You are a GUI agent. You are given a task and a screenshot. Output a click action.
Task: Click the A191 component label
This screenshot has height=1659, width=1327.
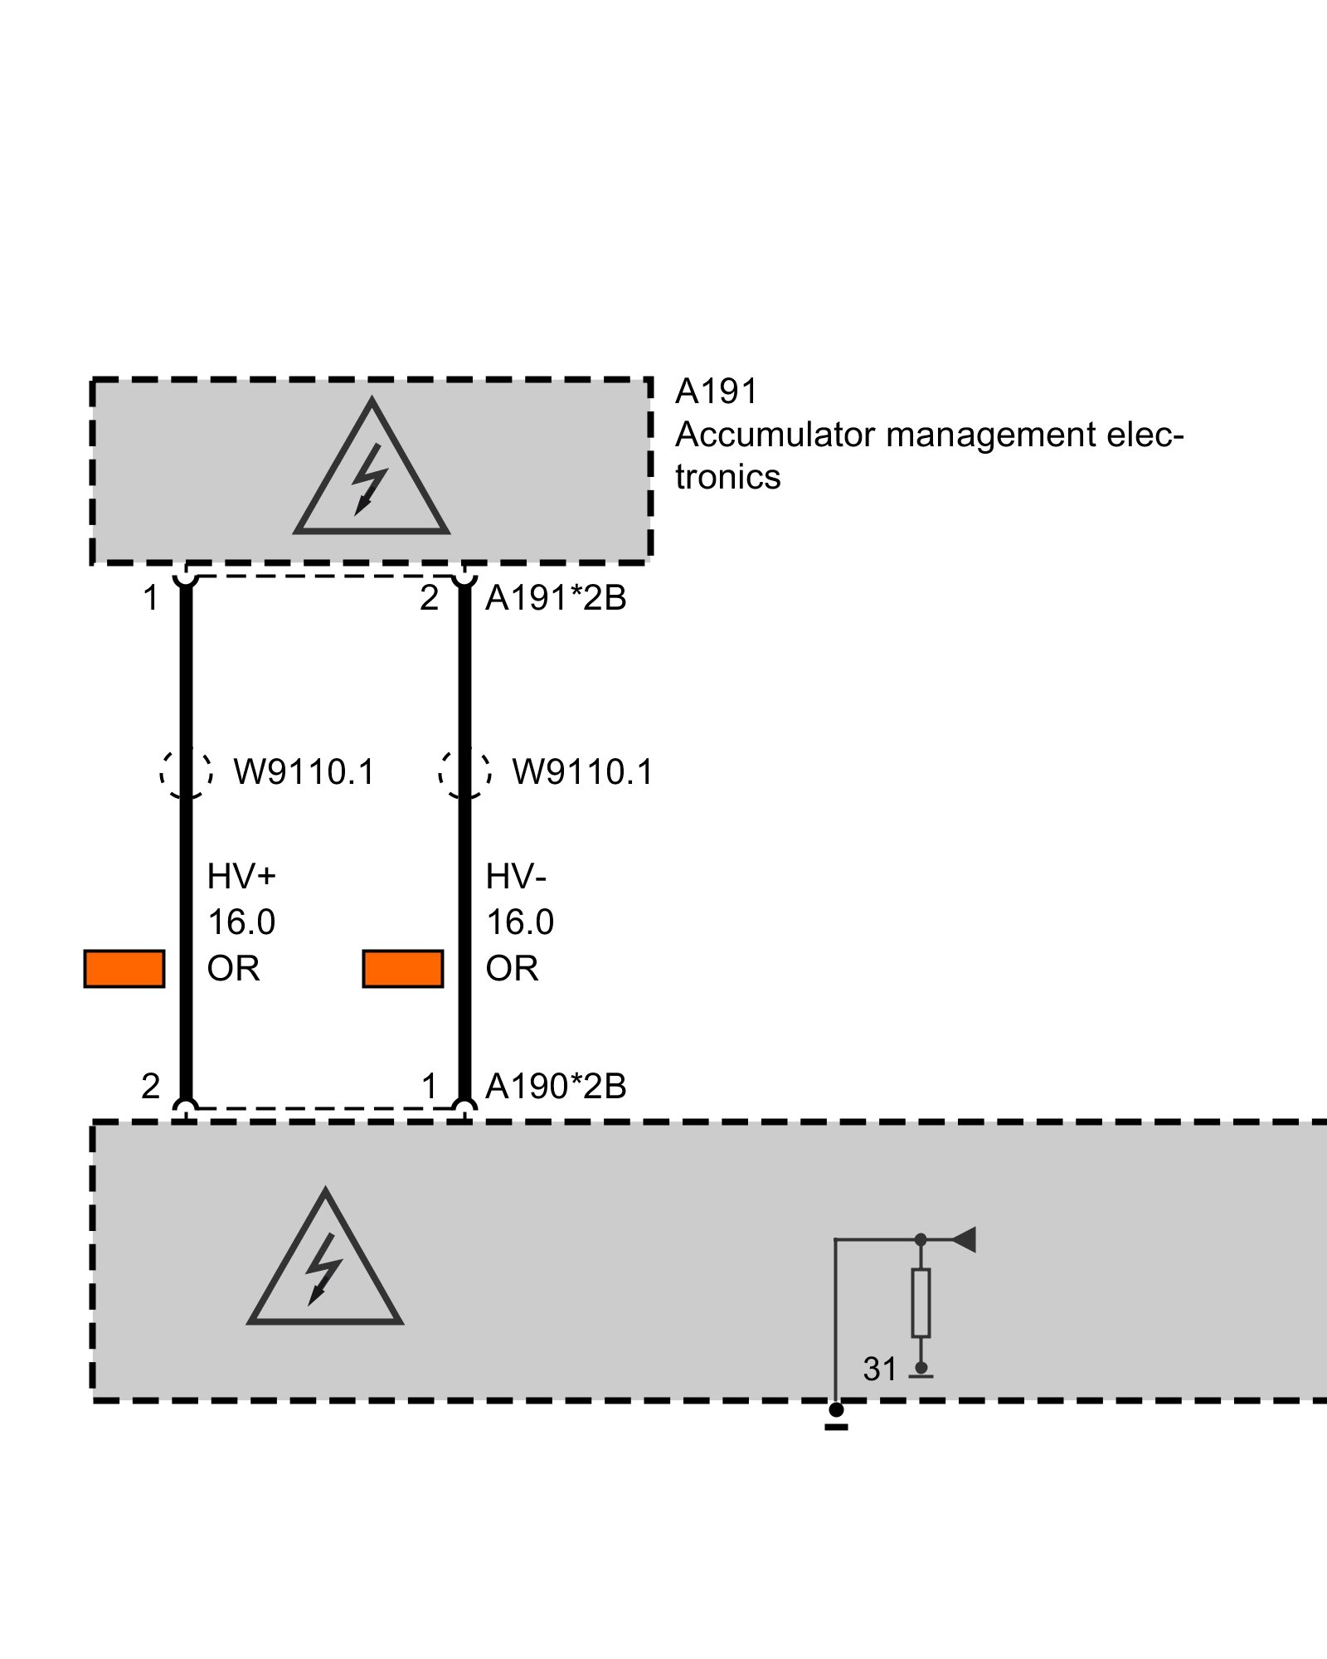(717, 392)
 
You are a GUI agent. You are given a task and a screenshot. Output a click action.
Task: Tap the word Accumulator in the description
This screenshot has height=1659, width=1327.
(775, 435)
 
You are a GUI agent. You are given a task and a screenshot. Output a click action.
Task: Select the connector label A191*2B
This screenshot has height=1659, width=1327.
(556, 598)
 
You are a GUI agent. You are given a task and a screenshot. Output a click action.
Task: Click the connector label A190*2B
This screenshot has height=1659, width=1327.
(556, 1087)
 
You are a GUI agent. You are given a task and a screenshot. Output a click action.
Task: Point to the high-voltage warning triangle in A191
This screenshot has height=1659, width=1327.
(372, 477)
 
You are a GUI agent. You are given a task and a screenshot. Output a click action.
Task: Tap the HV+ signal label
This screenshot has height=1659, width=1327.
(241, 876)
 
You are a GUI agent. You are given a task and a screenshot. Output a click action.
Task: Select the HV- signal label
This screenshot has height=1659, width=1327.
(516, 876)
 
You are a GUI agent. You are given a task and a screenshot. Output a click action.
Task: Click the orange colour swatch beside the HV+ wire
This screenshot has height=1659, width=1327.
(124, 969)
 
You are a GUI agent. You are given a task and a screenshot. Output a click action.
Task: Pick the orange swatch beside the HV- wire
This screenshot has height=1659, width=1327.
(403, 969)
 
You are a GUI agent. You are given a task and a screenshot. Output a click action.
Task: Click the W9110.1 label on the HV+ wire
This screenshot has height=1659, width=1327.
(304, 772)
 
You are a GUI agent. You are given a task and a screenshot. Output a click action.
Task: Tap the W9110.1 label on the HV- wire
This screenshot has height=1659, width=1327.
(582, 772)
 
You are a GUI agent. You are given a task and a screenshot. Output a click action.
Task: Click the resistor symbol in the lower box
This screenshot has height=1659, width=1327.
(921, 1302)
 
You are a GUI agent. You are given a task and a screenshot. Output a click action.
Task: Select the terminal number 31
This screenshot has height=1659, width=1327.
(880, 1370)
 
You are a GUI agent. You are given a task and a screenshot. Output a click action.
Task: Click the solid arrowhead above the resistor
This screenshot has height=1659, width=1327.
(964, 1240)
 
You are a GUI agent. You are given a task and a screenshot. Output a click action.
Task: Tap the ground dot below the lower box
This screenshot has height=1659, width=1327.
(836, 1410)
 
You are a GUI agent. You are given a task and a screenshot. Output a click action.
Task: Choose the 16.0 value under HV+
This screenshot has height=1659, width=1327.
(241, 922)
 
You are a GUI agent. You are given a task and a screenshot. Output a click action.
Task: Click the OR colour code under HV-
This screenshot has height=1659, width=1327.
(512, 969)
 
